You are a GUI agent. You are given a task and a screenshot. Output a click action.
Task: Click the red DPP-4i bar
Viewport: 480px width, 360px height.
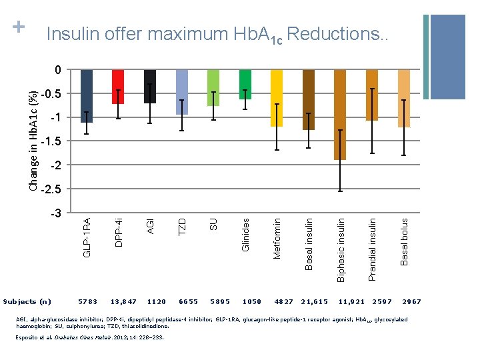(117, 87)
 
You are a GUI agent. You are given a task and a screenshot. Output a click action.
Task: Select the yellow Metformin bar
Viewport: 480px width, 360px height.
(277, 98)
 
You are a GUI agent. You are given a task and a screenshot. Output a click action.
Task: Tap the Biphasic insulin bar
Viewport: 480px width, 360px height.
(340, 115)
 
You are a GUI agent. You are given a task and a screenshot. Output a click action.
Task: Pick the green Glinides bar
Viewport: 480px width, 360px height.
(245, 84)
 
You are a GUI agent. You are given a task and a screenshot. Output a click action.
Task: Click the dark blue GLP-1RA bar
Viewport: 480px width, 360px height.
(86, 96)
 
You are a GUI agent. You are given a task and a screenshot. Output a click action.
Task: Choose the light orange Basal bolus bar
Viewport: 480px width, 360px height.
(403, 98)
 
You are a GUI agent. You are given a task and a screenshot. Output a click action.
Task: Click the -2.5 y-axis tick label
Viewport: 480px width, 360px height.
(50, 190)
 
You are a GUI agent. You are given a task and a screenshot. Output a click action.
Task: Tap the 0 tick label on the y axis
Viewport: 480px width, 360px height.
(57, 70)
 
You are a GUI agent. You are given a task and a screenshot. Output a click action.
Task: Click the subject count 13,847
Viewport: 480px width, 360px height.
(123, 302)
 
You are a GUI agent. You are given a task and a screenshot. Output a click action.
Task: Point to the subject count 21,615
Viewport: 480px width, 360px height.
(315, 302)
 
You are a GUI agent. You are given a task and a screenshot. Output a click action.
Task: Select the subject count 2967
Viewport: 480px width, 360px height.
(411, 302)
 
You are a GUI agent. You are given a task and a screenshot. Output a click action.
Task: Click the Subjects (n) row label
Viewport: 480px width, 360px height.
(31, 302)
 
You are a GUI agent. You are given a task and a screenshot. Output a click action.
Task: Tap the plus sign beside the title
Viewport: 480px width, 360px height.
(19, 27)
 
